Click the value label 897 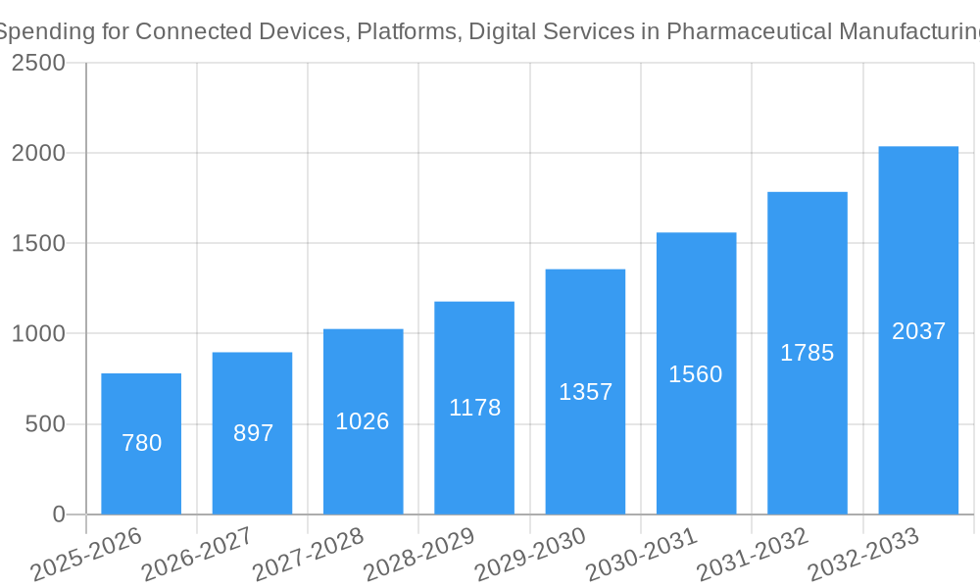(253, 433)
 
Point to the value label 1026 (363, 421)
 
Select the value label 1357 (585, 392)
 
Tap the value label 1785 (807, 353)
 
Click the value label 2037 (918, 331)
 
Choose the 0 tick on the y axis (58, 514)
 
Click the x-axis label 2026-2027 (197, 555)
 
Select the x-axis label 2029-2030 (530, 555)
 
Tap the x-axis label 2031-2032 (753, 555)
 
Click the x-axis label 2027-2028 (308, 555)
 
